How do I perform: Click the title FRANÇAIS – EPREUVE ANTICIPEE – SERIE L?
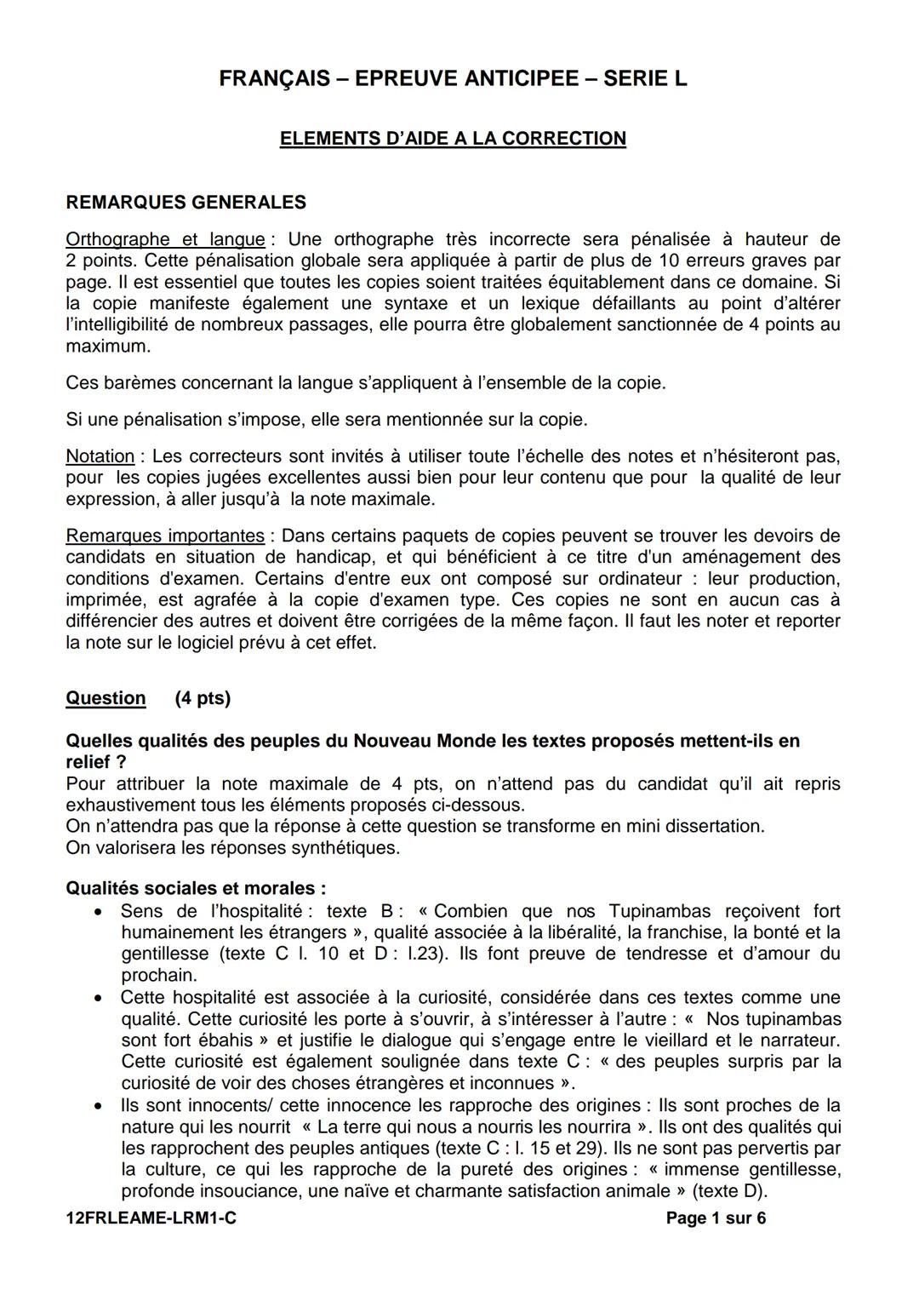(453, 79)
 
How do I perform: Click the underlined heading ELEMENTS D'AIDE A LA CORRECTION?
(453, 139)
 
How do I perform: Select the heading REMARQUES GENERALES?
(186, 203)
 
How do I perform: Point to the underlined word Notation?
(100, 456)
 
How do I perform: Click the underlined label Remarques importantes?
(165, 536)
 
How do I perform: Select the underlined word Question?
(106, 698)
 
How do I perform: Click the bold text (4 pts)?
(203, 698)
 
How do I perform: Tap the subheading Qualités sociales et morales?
(196, 889)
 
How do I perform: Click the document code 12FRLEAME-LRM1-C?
(151, 1218)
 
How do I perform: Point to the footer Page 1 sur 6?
(716, 1218)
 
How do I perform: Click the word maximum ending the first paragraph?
(107, 347)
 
